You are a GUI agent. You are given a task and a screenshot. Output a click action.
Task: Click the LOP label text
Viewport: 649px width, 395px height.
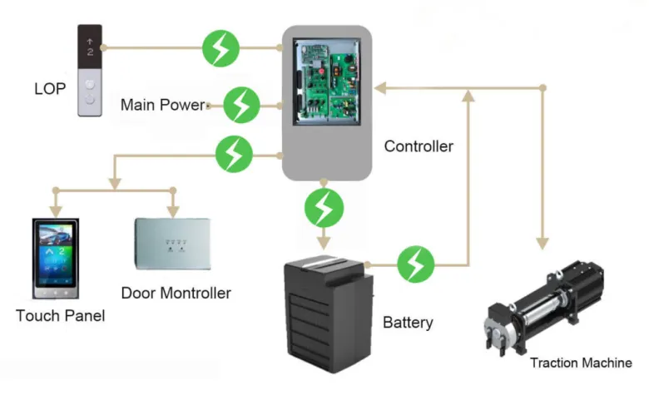coord(49,87)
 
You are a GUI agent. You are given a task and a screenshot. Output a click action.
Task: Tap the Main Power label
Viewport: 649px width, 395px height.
coord(162,105)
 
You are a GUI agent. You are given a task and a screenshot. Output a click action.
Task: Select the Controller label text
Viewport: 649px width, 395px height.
coord(419,146)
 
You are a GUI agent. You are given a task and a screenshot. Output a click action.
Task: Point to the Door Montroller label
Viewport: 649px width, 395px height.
coord(176,293)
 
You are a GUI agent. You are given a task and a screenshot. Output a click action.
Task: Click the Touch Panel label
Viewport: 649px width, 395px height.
coord(60,316)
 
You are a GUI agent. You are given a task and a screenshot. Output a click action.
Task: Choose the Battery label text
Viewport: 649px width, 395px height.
coord(408,322)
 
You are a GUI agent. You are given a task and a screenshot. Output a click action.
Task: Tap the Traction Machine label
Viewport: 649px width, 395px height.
coord(581,363)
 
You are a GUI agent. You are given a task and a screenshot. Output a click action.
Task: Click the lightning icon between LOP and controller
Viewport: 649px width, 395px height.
coord(220,48)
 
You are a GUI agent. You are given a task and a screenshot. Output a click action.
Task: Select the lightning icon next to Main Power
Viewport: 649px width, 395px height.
coord(242,105)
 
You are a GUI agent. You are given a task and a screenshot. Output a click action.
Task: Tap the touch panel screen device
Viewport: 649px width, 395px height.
coord(55,259)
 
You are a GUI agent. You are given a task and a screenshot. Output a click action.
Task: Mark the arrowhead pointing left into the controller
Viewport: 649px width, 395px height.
coord(379,86)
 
